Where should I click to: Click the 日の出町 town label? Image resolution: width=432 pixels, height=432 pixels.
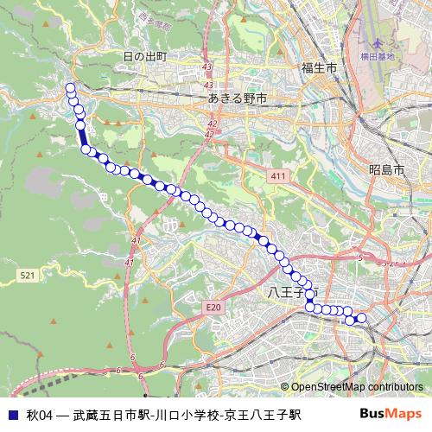pyautogui.click(x=144, y=57)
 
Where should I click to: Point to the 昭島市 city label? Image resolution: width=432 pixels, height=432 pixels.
pyautogui.click(x=385, y=170)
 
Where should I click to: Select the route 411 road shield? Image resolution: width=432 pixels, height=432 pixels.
pyautogui.click(x=277, y=176)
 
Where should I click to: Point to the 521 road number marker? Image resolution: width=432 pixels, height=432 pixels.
pyautogui.click(x=26, y=275)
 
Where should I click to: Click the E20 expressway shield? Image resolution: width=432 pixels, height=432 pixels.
pyautogui.click(x=213, y=307)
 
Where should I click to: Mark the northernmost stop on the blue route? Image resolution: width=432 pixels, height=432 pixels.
pyautogui.click(x=70, y=87)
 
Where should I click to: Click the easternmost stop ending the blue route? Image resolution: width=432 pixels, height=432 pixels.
pyautogui.click(x=361, y=319)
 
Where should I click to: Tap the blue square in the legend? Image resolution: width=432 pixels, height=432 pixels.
pyautogui.click(x=12, y=415)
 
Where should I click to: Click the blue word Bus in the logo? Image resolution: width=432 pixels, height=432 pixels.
pyautogui.click(x=371, y=414)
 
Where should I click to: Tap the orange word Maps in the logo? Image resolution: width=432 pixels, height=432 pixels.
pyautogui.click(x=403, y=414)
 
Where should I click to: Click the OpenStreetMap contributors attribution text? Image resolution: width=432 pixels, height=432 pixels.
pyautogui.click(x=352, y=387)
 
